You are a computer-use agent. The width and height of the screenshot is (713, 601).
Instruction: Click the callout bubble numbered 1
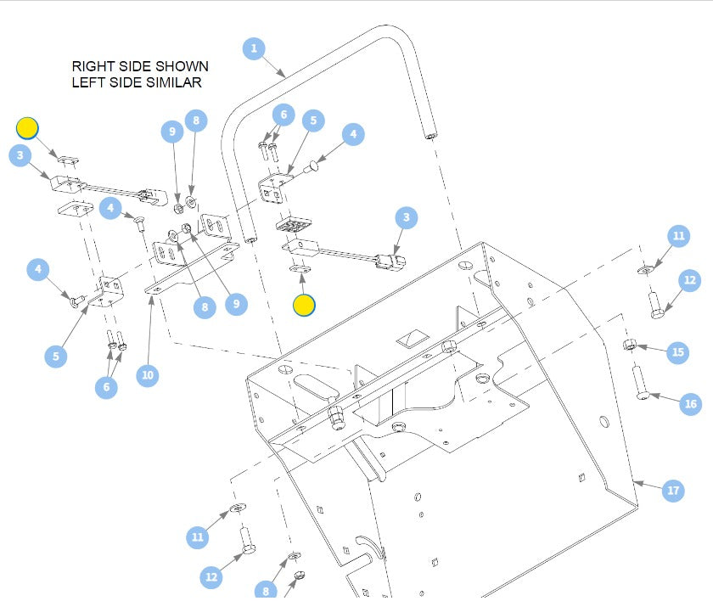click(254, 48)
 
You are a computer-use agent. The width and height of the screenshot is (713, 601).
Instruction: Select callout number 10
click(148, 375)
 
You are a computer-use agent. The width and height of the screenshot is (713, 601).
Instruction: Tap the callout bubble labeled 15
click(677, 352)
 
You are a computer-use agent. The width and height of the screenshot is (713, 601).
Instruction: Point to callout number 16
click(690, 405)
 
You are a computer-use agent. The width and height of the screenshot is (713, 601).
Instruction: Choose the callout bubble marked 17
click(673, 491)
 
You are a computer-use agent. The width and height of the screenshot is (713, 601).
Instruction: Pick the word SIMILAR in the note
click(173, 82)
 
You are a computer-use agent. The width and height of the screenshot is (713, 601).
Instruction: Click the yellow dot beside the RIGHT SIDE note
click(27, 128)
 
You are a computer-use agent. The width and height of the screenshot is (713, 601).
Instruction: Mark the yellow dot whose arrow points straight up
click(304, 304)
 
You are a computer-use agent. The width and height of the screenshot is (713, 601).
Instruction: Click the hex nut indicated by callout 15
click(630, 344)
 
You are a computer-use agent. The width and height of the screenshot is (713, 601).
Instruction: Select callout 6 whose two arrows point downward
click(283, 114)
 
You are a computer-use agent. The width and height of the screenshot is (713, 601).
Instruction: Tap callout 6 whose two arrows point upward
click(106, 386)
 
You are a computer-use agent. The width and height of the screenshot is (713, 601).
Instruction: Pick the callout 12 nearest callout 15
click(689, 280)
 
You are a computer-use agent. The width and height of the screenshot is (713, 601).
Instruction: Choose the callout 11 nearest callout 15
click(678, 236)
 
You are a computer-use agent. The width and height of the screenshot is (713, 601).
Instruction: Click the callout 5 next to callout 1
click(313, 121)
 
